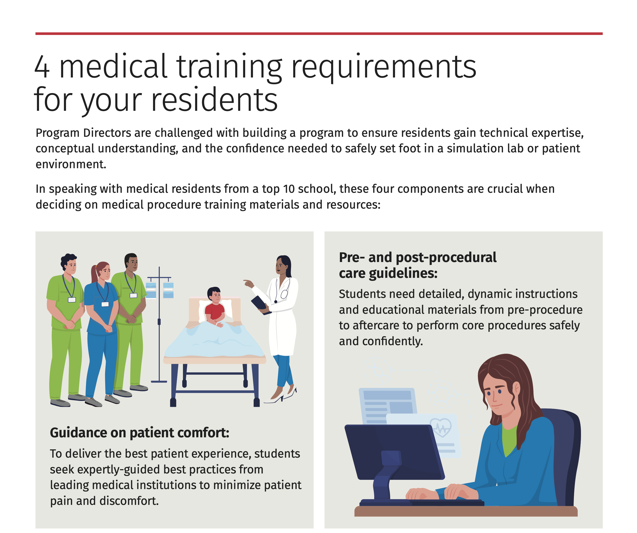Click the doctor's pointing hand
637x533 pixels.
[x=248, y=284]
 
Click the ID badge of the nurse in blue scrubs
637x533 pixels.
[x=105, y=304]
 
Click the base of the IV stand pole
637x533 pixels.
[x=159, y=381]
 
